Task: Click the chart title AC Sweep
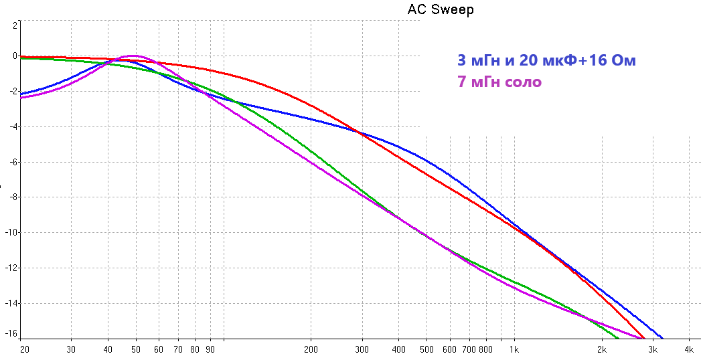click(x=440, y=9)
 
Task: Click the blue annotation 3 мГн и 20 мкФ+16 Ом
click(x=546, y=60)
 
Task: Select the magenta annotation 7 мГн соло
click(x=499, y=82)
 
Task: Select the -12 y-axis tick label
click(x=10, y=268)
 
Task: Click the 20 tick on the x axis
click(x=24, y=349)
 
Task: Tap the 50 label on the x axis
click(x=136, y=349)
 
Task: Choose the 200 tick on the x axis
click(x=311, y=349)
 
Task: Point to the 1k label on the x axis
click(x=514, y=349)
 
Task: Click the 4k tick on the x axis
click(x=689, y=349)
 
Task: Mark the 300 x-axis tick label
click(x=362, y=349)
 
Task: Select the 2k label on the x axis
click(x=601, y=349)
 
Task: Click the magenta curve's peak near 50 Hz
click(x=133, y=56)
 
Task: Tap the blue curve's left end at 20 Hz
click(x=22, y=94)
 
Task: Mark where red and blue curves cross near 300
click(x=360, y=134)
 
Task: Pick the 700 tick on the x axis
click(x=469, y=349)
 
